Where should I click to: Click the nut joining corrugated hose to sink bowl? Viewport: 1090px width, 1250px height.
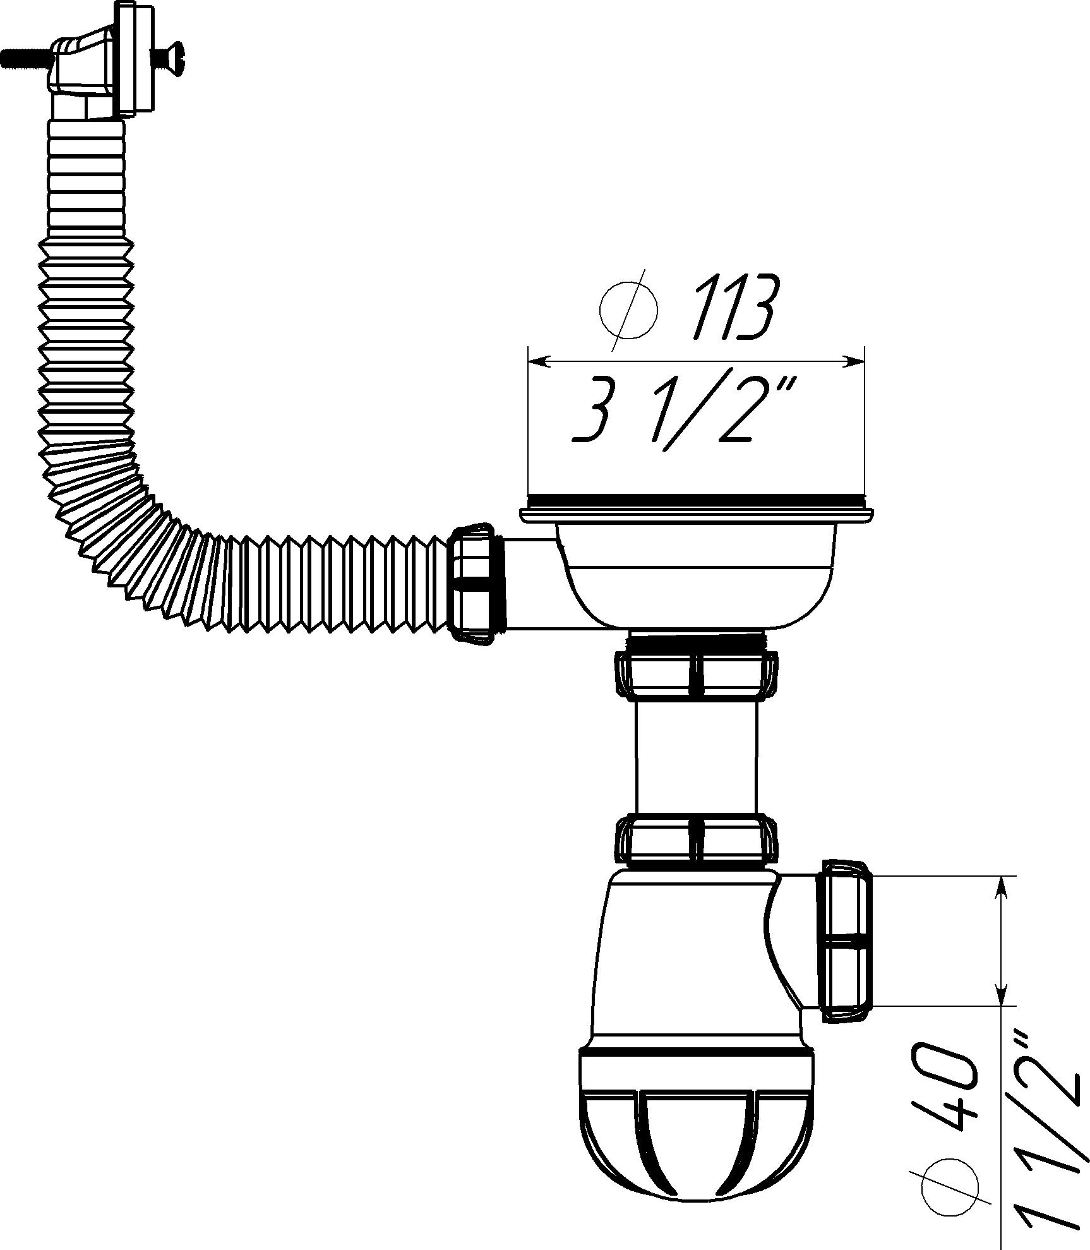476,583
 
